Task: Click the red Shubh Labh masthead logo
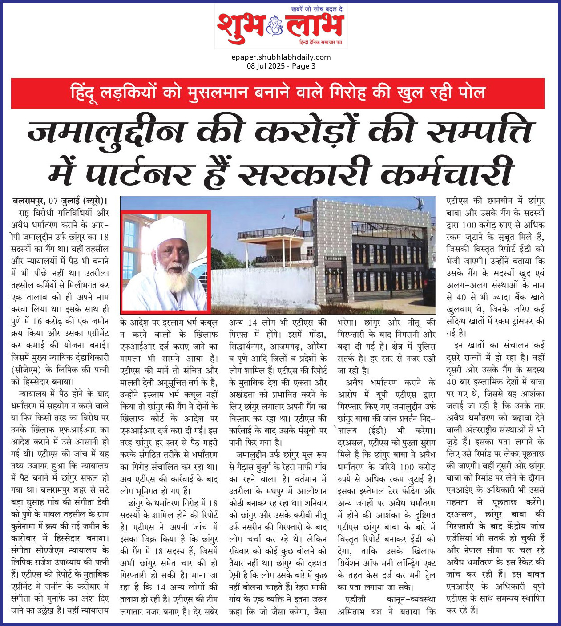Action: tap(281, 28)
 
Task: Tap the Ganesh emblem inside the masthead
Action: tap(274, 28)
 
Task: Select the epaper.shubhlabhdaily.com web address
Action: tap(281, 57)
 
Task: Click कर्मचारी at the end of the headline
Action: tap(447, 172)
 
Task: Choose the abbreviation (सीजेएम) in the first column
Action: tap(26, 369)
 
